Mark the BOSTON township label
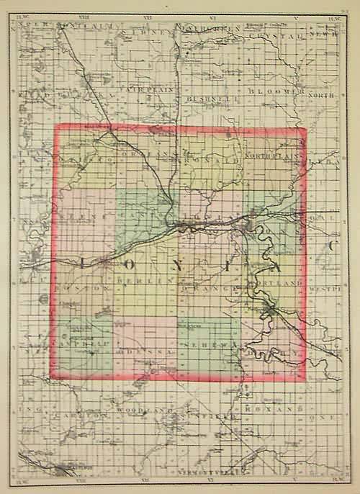[80, 287]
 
